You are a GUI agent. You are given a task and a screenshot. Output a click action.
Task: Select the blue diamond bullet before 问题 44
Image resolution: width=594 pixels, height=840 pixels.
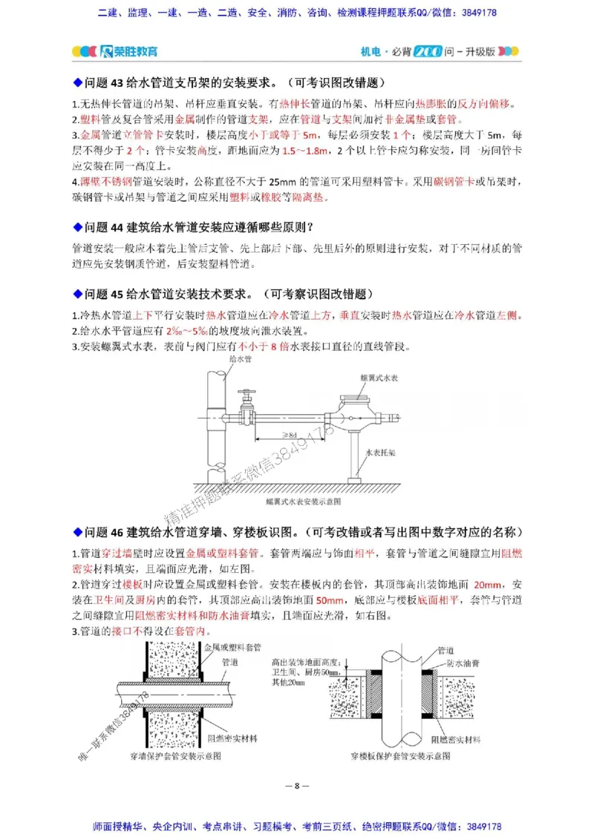(x=76, y=226)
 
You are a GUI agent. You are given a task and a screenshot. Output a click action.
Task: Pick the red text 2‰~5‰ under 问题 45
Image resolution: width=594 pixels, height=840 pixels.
(x=189, y=330)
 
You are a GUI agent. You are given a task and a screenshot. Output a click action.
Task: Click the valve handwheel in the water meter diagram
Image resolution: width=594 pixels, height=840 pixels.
(x=245, y=393)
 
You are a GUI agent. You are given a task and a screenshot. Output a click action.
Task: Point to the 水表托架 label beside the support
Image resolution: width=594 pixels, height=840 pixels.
(x=380, y=450)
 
